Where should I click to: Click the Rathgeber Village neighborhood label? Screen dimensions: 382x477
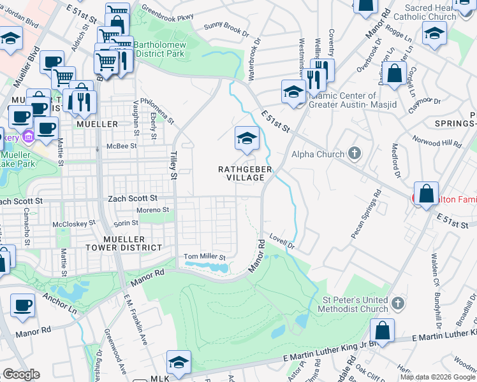(246, 173)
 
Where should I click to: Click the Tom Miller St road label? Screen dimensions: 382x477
(205, 257)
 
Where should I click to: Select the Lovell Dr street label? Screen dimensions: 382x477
(281, 241)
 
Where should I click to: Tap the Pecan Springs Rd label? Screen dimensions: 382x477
(366, 214)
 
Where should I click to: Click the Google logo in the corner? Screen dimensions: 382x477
(21, 374)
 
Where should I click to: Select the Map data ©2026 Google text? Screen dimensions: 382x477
(437, 377)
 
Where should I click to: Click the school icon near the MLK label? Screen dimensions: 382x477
(179, 362)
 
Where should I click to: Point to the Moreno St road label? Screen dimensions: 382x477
(152, 209)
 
